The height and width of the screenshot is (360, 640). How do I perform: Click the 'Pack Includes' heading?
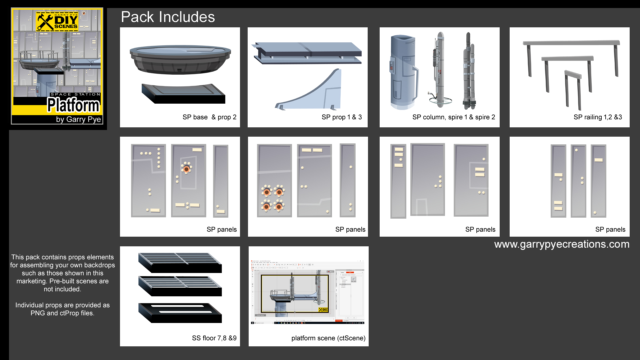click(x=168, y=17)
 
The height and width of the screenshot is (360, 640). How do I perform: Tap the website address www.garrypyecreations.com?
click(x=562, y=244)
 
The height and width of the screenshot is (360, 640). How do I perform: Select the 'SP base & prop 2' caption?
click(x=209, y=117)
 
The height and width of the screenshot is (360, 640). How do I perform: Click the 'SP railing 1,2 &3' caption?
click(x=598, y=117)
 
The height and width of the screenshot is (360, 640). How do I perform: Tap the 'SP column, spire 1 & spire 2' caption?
click(x=453, y=117)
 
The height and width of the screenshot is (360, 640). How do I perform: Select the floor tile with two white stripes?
click(x=180, y=313)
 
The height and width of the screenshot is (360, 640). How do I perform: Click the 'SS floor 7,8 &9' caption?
click(x=214, y=338)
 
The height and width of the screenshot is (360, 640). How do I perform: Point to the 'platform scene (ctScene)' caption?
click(x=328, y=338)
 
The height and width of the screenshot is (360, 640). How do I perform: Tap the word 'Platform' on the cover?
click(x=73, y=105)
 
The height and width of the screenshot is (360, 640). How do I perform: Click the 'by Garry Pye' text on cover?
click(x=78, y=119)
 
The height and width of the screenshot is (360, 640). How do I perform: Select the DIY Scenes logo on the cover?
click(x=57, y=22)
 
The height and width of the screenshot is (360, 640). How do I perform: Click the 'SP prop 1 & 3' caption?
click(x=341, y=117)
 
